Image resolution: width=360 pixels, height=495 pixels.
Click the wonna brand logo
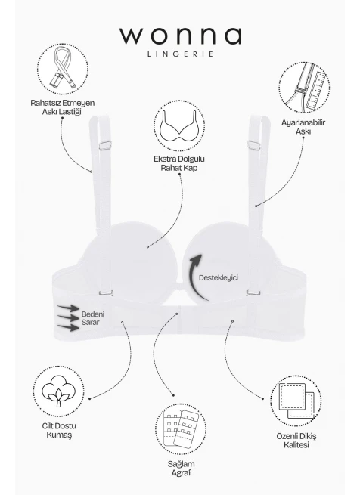pos(181,36)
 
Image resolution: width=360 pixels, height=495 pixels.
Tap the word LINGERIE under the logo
pos(181,54)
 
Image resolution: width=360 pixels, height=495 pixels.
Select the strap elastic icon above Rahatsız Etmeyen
pos(63,69)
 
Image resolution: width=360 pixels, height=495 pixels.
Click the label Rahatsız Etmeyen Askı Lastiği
pos(63,107)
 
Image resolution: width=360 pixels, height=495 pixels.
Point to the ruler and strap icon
pos(304,88)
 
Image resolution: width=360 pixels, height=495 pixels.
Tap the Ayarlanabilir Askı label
pos(303,127)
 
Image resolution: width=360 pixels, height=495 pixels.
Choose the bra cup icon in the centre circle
pos(179,126)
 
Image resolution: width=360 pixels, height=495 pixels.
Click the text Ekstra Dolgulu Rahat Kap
pos(179,163)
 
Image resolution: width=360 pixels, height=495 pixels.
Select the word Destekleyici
pos(219,278)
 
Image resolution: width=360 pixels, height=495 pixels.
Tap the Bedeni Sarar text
pos(92,318)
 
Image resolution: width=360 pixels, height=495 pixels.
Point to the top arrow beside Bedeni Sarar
pos(69,308)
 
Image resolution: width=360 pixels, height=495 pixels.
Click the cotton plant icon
pos(59,391)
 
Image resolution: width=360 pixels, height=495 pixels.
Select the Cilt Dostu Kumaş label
pos(59,430)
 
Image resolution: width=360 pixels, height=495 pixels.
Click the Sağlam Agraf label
pos(181,468)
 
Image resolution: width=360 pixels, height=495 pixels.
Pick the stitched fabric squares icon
pos(296,401)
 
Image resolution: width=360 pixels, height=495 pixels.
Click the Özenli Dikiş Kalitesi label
pos(296,441)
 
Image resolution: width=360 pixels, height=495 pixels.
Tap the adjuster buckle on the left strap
pos(105,146)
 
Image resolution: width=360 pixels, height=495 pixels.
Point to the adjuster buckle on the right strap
pos(254,145)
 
